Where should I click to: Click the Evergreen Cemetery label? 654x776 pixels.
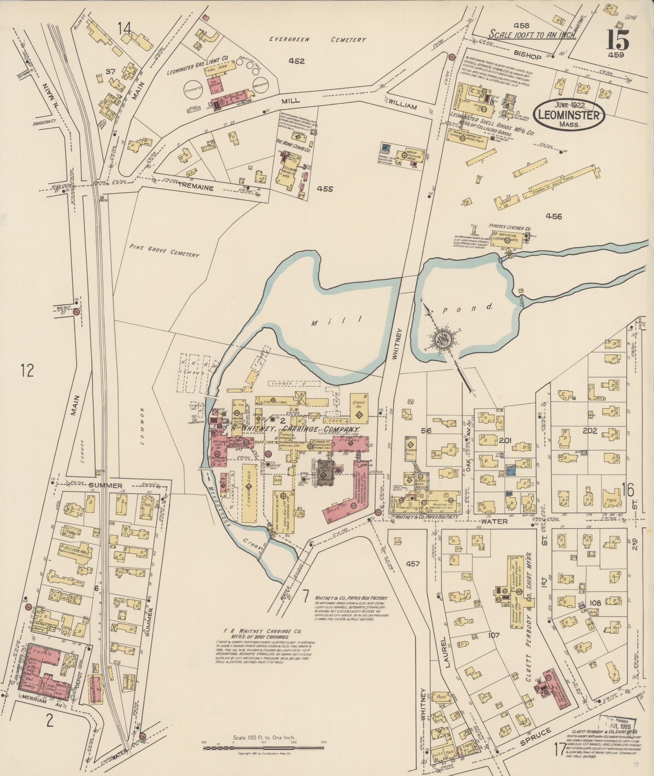317,39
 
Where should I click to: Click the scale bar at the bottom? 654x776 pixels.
263,747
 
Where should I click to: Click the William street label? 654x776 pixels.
402,105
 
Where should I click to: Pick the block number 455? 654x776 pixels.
325,189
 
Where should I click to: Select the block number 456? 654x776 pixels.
553,216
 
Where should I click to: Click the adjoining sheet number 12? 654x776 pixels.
27,371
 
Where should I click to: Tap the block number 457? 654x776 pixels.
413,564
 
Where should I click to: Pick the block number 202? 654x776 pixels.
589,431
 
